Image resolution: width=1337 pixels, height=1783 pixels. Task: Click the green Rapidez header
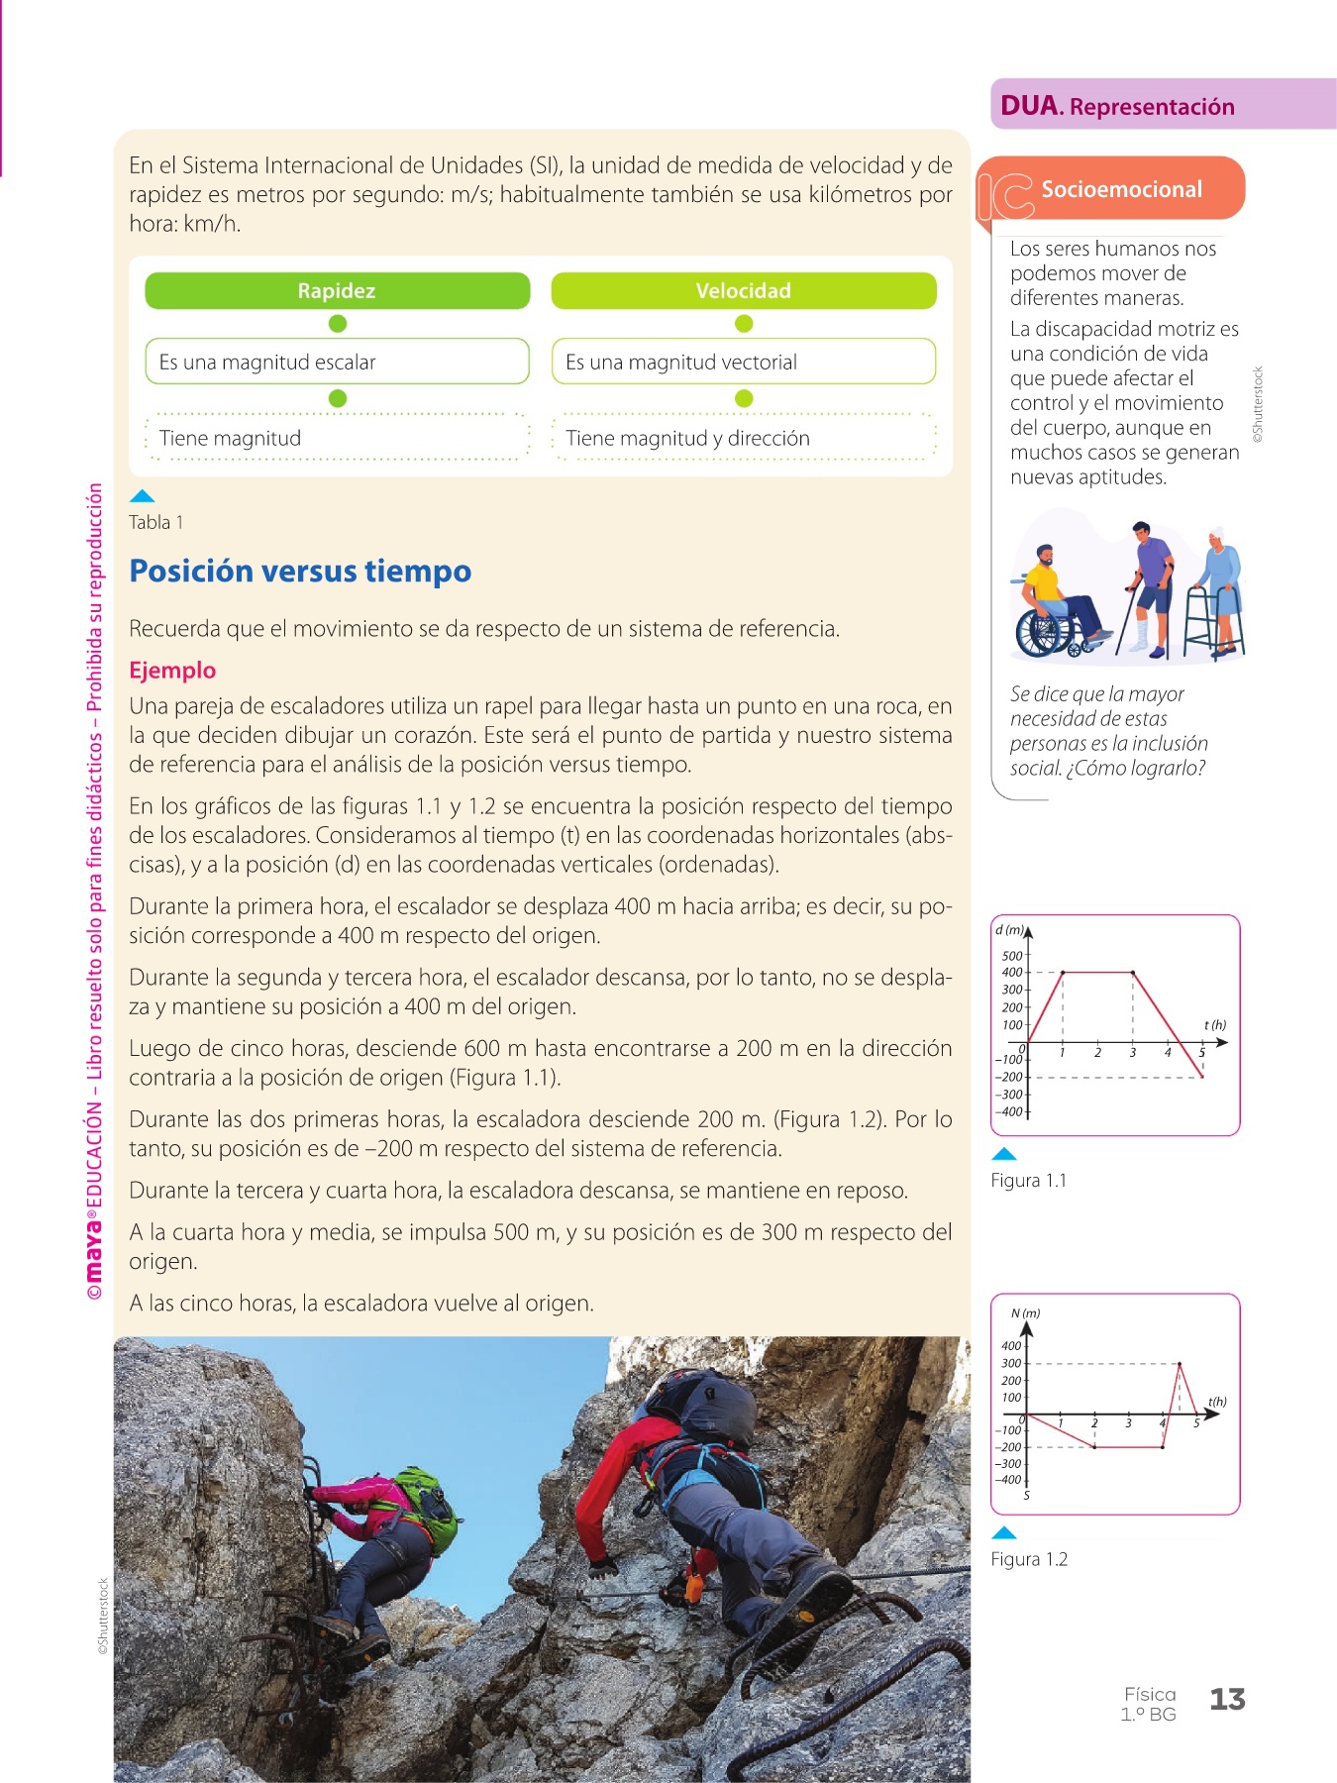click(337, 291)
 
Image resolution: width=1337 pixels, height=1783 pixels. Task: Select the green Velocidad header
click(743, 291)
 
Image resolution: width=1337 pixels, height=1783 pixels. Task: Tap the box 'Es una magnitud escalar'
click(337, 362)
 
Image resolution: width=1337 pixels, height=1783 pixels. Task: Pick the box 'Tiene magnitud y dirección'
click(743, 438)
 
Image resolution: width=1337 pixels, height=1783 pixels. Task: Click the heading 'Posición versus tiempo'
click(300, 572)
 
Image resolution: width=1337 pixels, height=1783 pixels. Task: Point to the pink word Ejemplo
click(172, 671)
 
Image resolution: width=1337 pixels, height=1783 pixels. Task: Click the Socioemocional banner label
click(1121, 189)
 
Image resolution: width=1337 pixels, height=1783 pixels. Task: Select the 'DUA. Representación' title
click(1117, 106)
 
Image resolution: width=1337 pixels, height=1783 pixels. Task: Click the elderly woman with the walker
click(1218, 589)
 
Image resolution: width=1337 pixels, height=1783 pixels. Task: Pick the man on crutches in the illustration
click(1149, 584)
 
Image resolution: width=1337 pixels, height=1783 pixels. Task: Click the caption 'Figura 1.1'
click(1028, 1181)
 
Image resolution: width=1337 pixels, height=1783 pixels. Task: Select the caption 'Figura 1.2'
click(1029, 1560)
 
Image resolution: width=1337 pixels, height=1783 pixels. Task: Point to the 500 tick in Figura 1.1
click(1011, 956)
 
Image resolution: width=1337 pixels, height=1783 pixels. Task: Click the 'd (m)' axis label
click(1009, 930)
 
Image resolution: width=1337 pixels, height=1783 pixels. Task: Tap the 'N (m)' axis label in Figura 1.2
click(1025, 1313)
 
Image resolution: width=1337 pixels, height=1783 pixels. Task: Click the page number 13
click(1227, 1700)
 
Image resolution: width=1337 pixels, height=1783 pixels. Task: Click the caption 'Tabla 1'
click(155, 523)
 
